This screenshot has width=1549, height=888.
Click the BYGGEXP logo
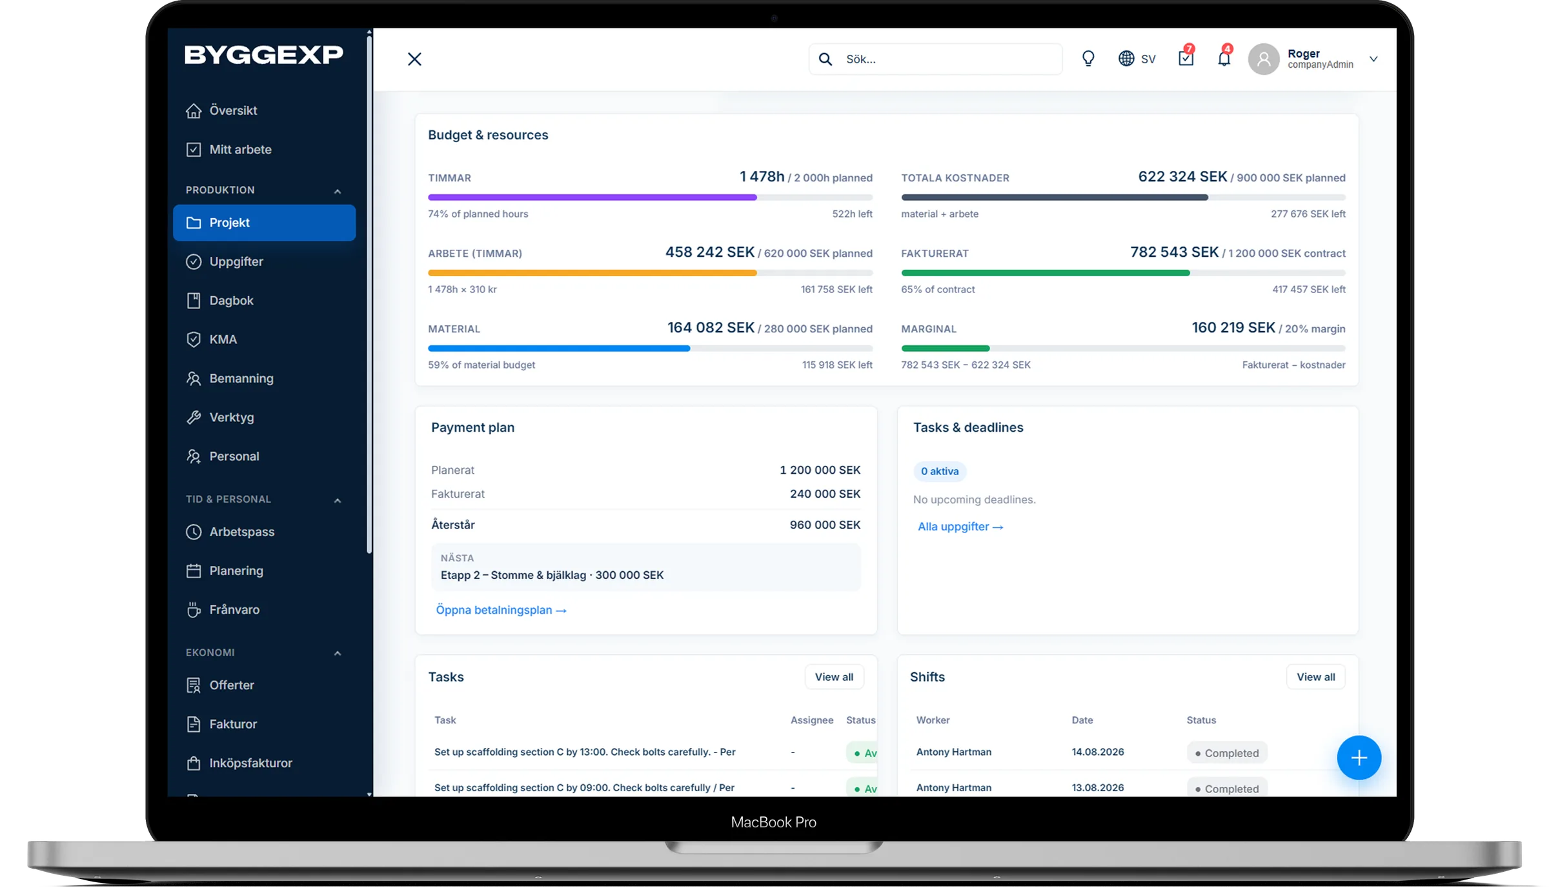pyautogui.click(x=263, y=55)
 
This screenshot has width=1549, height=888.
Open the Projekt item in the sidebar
pyautogui.click(x=264, y=223)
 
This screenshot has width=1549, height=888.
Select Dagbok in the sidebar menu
pyautogui.click(x=231, y=301)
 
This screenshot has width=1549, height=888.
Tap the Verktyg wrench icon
pyautogui.click(x=194, y=418)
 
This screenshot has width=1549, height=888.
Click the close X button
pyautogui.click(x=414, y=59)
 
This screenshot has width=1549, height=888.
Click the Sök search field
pyautogui.click(x=935, y=59)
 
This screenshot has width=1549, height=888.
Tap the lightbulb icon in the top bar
pyautogui.click(x=1088, y=59)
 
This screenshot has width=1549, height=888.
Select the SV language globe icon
pyautogui.click(x=1126, y=59)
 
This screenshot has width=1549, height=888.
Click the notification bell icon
pyautogui.click(x=1224, y=58)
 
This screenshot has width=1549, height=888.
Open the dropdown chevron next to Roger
pyautogui.click(x=1373, y=59)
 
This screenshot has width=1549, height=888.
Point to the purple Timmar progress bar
pyautogui.click(x=592, y=197)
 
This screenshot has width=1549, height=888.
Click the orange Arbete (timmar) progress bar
pyautogui.click(x=592, y=273)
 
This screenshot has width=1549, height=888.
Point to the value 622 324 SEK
pyautogui.click(x=1182, y=177)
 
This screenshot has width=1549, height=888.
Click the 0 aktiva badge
pyautogui.click(x=940, y=471)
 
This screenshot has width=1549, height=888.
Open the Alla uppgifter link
pyautogui.click(x=960, y=527)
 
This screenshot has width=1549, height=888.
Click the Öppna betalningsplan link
pyautogui.click(x=501, y=610)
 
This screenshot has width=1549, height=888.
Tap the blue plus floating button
pyautogui.click(x=1359, y=758)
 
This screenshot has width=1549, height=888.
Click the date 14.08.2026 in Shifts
pyautogui.click(x=1098, y=752)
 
